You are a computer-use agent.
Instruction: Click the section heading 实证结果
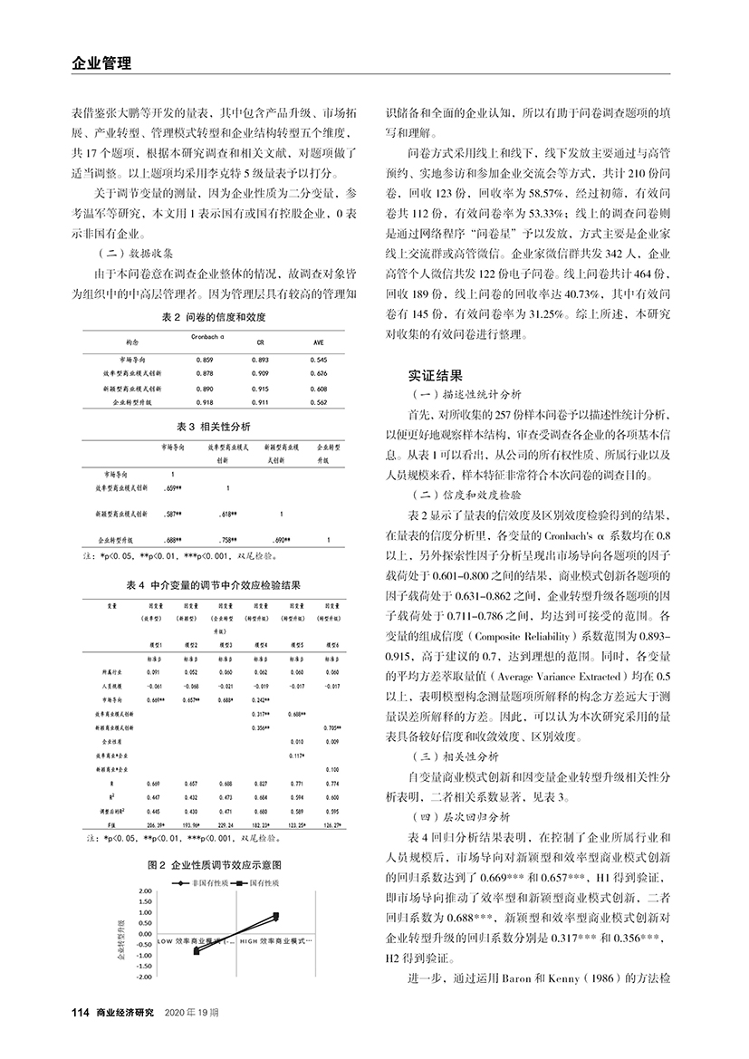click(x=439, y=372)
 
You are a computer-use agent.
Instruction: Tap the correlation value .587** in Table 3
click(x=168, y=514)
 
